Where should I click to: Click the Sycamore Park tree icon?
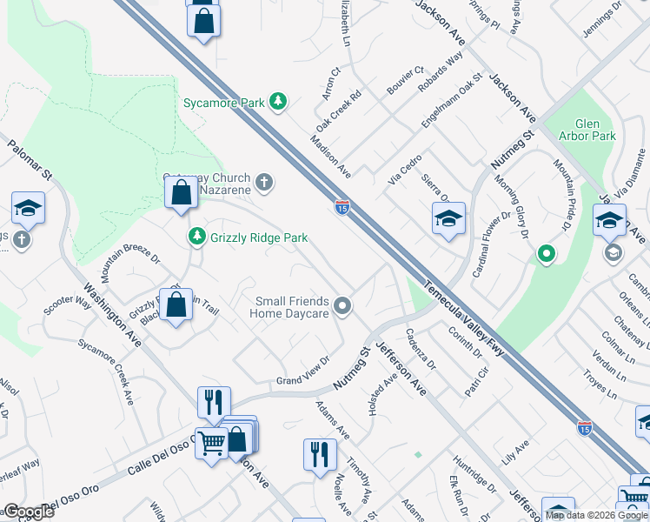(278, 102)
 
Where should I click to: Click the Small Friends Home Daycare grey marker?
(344, 305)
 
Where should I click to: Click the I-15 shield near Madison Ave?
(342, 207)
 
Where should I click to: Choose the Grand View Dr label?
(304, 371)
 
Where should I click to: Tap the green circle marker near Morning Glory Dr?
(546, 254)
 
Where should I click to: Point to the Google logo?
(30, 512)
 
